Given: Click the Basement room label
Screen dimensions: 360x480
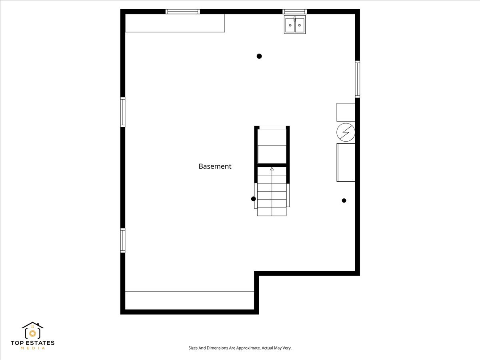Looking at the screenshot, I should [x=215, y=166].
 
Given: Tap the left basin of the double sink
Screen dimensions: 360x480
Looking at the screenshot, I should [x=290, y=25].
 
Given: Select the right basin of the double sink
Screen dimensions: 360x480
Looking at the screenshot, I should [x=300, y=25].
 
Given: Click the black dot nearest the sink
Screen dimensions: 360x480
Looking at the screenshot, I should [x=259, y=56].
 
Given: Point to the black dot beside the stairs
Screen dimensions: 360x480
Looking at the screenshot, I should [x=253, y=199].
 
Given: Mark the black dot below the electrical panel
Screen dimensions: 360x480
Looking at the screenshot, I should [x=344, y=200].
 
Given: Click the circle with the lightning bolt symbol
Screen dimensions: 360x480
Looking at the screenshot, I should [x=346, y=132].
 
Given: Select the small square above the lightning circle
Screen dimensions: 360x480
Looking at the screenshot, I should [x=346, y=112].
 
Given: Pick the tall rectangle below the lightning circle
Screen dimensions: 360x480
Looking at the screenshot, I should [x=346, y=162].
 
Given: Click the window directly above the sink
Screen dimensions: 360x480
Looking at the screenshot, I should [x=295, y=12].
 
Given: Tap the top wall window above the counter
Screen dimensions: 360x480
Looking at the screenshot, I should [x=183, y=12].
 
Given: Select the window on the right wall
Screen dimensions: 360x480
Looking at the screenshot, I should [x=358, y=79].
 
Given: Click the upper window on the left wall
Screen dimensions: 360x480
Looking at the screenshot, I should [x=123, y=112].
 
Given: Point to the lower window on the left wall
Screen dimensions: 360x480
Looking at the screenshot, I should [x=123, y=240].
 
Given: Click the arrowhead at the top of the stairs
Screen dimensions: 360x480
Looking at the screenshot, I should [x=272, y=169].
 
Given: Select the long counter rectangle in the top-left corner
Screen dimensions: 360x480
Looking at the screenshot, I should [x=175, y=23].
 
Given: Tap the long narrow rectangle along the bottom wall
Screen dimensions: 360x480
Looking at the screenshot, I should [x=190, y=300].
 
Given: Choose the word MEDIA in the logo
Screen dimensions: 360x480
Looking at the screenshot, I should [x=32, y=348].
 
